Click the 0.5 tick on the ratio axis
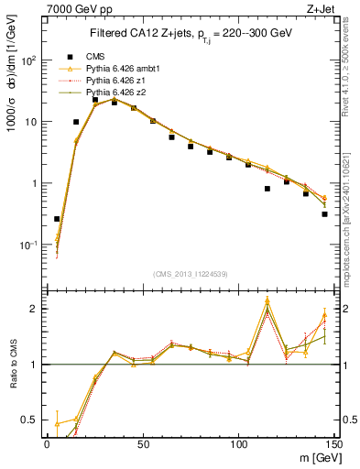pos(31,420)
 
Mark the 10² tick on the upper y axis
pos(28,60)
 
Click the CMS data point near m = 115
pos(267,189)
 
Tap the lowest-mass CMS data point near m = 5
pos(57,219)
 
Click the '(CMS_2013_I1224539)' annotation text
pos(190,274)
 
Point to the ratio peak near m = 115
pos(267,301)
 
